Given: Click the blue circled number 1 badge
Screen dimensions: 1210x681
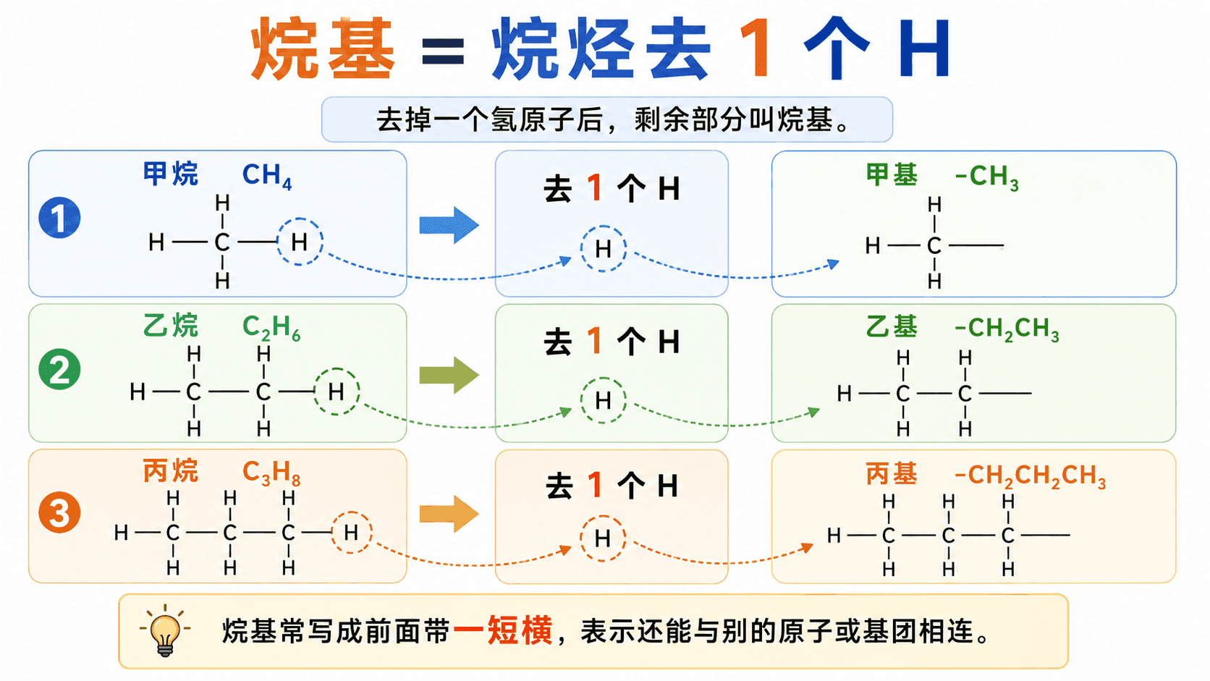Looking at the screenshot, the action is pos(59,218).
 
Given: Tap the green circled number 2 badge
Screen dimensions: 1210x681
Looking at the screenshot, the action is pos(59,369).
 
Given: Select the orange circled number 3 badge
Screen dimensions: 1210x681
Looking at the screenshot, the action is pos(59,512).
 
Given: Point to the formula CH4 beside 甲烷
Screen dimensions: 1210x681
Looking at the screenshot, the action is pos(267,176).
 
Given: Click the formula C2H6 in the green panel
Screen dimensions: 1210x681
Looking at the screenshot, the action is pos(271,328).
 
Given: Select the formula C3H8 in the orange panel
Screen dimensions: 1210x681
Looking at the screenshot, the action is pos(271,473).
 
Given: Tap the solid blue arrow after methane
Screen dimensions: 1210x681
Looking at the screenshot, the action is pos(449,224).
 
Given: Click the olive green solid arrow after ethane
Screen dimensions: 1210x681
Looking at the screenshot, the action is pos(449,375).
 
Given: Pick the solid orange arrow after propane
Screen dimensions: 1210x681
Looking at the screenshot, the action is pos(449,514).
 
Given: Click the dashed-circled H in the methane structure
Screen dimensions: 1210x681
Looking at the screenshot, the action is pos(300,242).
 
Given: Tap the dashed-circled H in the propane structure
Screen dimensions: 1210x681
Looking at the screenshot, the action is pos(351,533).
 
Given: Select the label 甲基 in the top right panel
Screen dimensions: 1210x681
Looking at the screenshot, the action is pos(892,174).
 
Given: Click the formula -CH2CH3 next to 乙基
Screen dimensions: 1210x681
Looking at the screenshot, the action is pos(1007,329).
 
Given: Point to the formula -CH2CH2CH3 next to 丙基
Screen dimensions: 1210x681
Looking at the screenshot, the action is pos(1030,476).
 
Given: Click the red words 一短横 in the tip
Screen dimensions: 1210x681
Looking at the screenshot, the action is pos(503,630).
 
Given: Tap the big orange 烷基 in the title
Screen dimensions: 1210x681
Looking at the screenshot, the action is pos(323,48).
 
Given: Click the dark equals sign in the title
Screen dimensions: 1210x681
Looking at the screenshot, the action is pos(443,52).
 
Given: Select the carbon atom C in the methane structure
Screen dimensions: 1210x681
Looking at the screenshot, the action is pos(222,242).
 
